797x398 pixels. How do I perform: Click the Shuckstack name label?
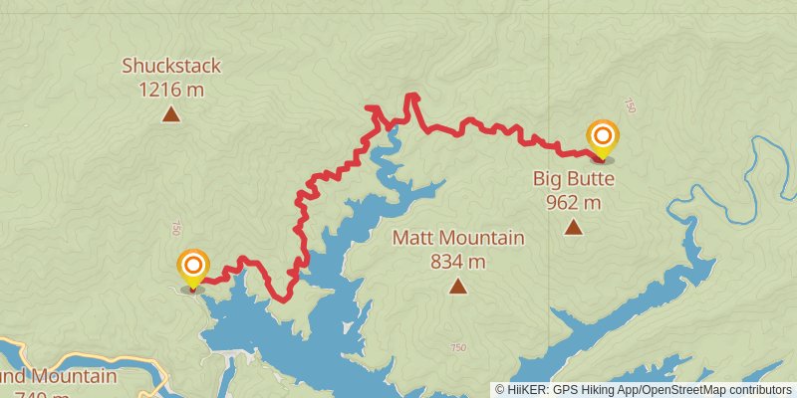pos(171,67)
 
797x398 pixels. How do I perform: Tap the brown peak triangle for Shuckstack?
pos(171,114)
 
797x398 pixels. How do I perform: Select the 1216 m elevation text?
pos(171,89)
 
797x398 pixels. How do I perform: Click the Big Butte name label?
pos(573,180)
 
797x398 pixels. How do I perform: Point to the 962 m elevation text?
pos(573,202)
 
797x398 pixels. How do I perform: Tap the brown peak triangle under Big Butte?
pos(573,228)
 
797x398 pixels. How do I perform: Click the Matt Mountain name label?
pos(457,239)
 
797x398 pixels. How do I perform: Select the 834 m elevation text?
pos(457,262)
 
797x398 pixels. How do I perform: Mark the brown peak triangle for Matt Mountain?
pos(457,287)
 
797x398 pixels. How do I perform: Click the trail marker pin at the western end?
pos(192,267)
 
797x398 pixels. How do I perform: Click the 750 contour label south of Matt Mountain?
pos(457,347)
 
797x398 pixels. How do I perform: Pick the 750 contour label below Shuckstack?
pos(177,227)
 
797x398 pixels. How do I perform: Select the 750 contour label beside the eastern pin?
pos(629,105)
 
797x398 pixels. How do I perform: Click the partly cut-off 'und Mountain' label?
pos(60,377)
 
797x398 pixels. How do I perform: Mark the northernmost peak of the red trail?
pos(410,96)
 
